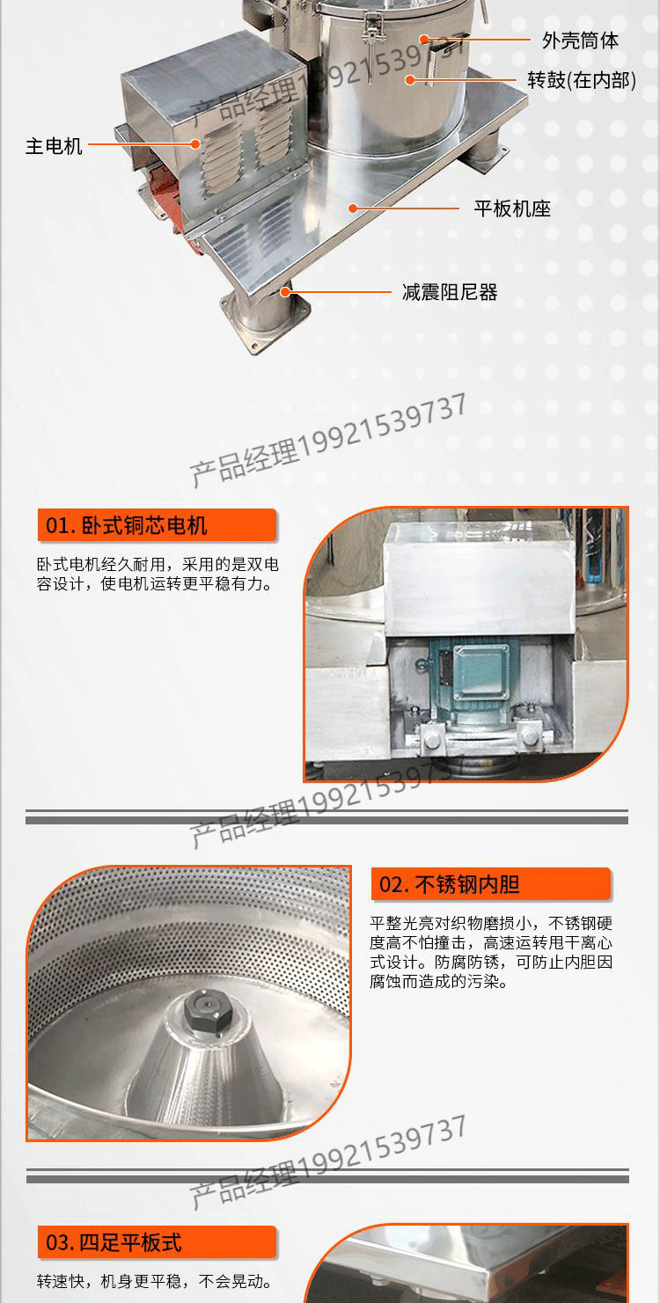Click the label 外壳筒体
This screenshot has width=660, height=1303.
coord(580,40)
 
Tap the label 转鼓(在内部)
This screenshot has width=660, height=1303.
coord(582,80)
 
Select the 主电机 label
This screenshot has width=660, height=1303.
coord(54,146)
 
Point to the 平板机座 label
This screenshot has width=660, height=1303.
coord(512,209)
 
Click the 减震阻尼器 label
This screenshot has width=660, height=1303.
coord(450,292)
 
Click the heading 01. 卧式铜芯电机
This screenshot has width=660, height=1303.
coord(127,526)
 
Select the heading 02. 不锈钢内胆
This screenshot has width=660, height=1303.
coord(450,885)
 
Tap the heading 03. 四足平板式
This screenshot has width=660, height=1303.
coord(114,1243)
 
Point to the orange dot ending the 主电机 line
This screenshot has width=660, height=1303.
coord(197,144)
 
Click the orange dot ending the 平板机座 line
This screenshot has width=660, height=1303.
coord(352,208)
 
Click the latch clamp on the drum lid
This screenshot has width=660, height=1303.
coord(369,28)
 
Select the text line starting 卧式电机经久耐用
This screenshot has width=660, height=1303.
coord(158,564)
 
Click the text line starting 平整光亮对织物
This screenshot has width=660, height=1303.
coord(491,923)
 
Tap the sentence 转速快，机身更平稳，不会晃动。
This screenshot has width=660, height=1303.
coord(155,1281)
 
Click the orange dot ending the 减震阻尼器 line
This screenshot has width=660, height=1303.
coord(286,291)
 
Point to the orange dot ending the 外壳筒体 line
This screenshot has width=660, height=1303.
coord(424,40)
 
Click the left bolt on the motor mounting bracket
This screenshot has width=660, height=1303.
coord(432,739)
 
